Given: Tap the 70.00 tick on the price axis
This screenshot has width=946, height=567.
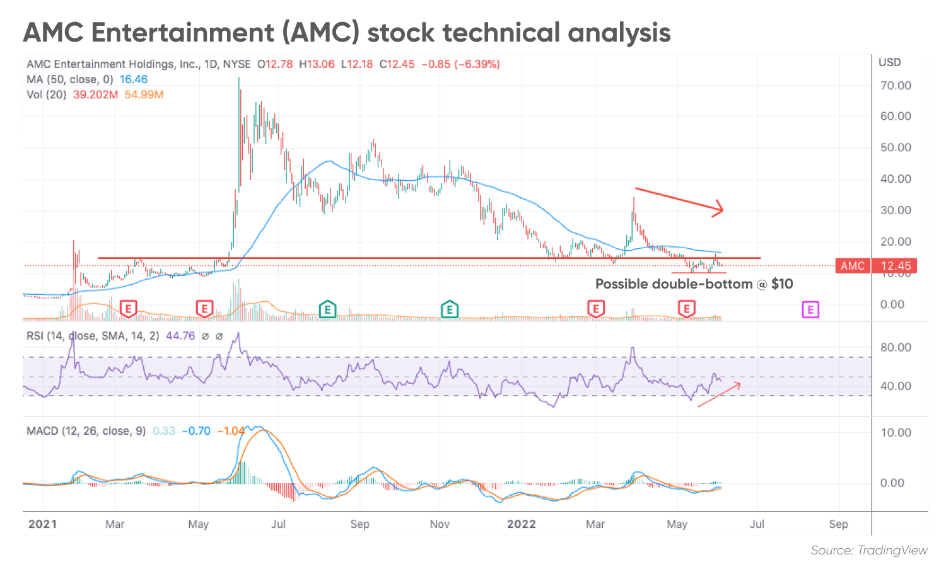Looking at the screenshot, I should click(x=896, y=86).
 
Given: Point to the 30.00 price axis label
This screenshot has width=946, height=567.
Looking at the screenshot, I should click(x=896, y=210).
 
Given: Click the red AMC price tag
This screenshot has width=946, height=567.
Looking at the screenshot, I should click(x=852, y=266).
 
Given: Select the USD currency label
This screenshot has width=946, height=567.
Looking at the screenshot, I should click(x=889, y=62).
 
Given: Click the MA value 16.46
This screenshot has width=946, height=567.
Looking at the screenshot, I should click(x=134, y=79).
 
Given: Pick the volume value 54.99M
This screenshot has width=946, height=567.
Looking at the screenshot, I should click(x=144, y=94).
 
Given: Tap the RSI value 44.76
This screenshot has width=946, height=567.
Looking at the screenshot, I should click(x=180, y=336).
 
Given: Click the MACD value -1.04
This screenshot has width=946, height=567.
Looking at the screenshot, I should click(x=231, y=431).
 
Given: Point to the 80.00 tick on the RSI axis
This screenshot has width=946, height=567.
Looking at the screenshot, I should click(x=896, y=348).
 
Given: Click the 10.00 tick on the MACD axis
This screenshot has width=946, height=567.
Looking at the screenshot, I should click(x=896, y=433).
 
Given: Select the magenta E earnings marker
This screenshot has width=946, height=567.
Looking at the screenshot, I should click(x=810, y=309).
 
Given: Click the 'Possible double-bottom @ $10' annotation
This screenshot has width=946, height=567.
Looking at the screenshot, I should click(x=694, y=284).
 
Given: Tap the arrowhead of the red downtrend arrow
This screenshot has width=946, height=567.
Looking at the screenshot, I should click(x=719, y=209).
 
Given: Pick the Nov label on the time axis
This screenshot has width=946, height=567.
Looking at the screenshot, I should click(x=440, y=524).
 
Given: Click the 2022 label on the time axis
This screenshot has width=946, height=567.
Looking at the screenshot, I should click(x=521, y=524).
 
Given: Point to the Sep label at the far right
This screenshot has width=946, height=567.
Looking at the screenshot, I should click(x=838, y=524).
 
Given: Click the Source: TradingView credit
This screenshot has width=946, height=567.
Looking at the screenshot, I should click(x=868, y=551).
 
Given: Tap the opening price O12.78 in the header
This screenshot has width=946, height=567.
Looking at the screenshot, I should click(x=275, y=64).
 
